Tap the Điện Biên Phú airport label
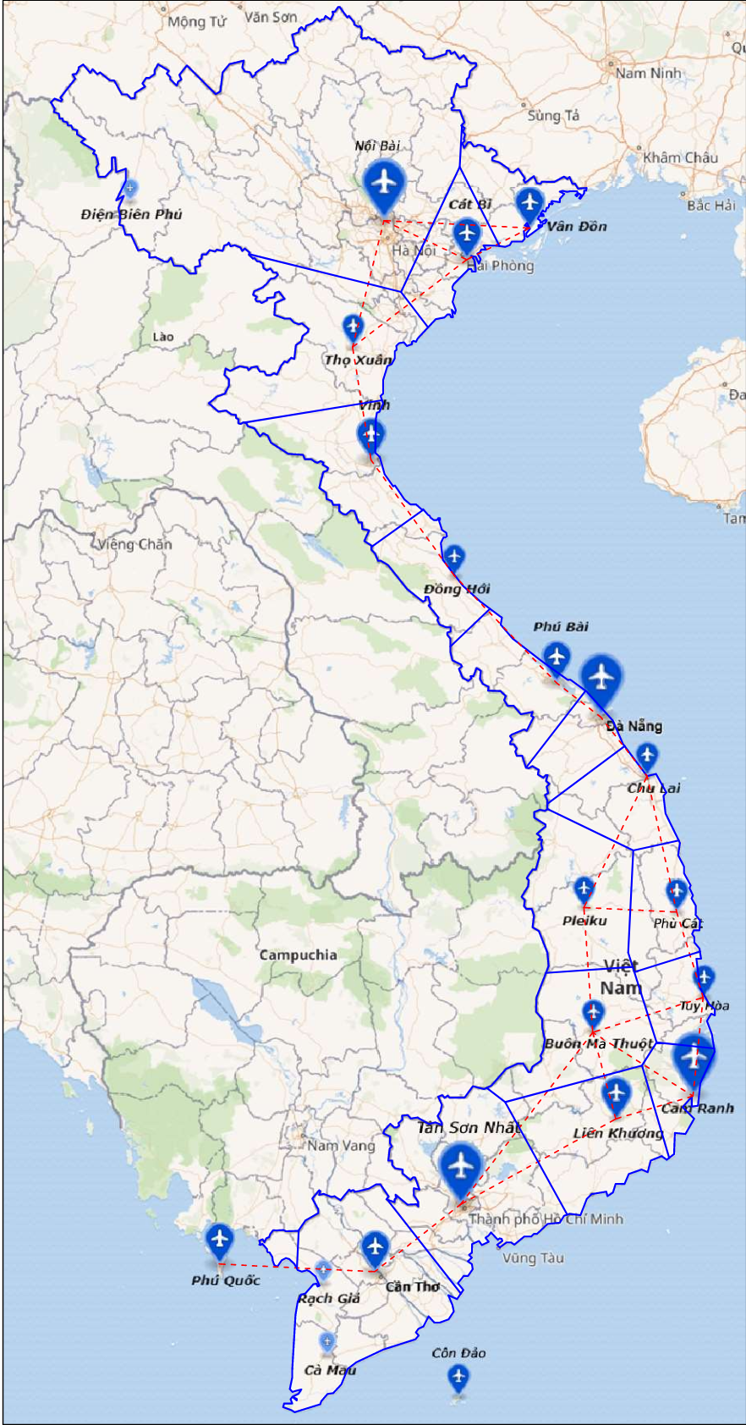point(131,215)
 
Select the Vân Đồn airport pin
point(529,203)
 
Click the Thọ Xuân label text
point(358,360)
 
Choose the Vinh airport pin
point(370,436)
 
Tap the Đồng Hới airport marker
point(454,557)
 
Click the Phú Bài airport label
point(561,627)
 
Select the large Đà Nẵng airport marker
point(601,678)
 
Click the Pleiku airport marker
point(584,889)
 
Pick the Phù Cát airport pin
point(676,891)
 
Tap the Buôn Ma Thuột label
point(598,1043)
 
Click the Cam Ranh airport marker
point(694,1058)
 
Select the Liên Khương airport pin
point(617,1093)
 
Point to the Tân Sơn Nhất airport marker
point(461,1166)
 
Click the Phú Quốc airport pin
point(220,1241)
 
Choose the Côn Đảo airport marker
point(458,1378)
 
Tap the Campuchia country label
point(298,955)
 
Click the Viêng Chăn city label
point(134,544)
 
